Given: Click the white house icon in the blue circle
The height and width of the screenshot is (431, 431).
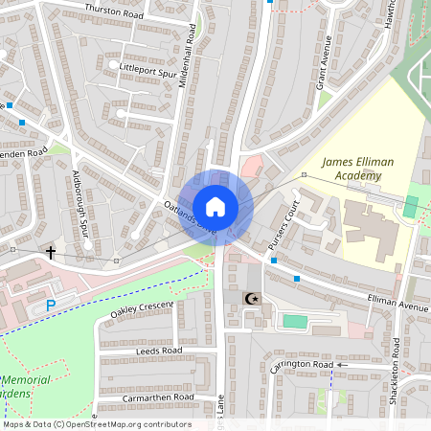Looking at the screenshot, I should [x=215, y=206].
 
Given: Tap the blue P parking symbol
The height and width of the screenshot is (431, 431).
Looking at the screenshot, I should [x=52, y=306].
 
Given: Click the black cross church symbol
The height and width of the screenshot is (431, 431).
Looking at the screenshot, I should [x=50, y=253].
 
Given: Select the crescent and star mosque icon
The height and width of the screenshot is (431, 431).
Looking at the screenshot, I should [x=253, y=301].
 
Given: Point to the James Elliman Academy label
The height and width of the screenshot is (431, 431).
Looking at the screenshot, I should [x=357, y=170].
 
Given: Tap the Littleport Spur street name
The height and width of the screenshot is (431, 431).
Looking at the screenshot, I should [x=147, y=68].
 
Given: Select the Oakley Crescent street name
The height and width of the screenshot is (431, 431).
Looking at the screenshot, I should [x=142, y=308].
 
